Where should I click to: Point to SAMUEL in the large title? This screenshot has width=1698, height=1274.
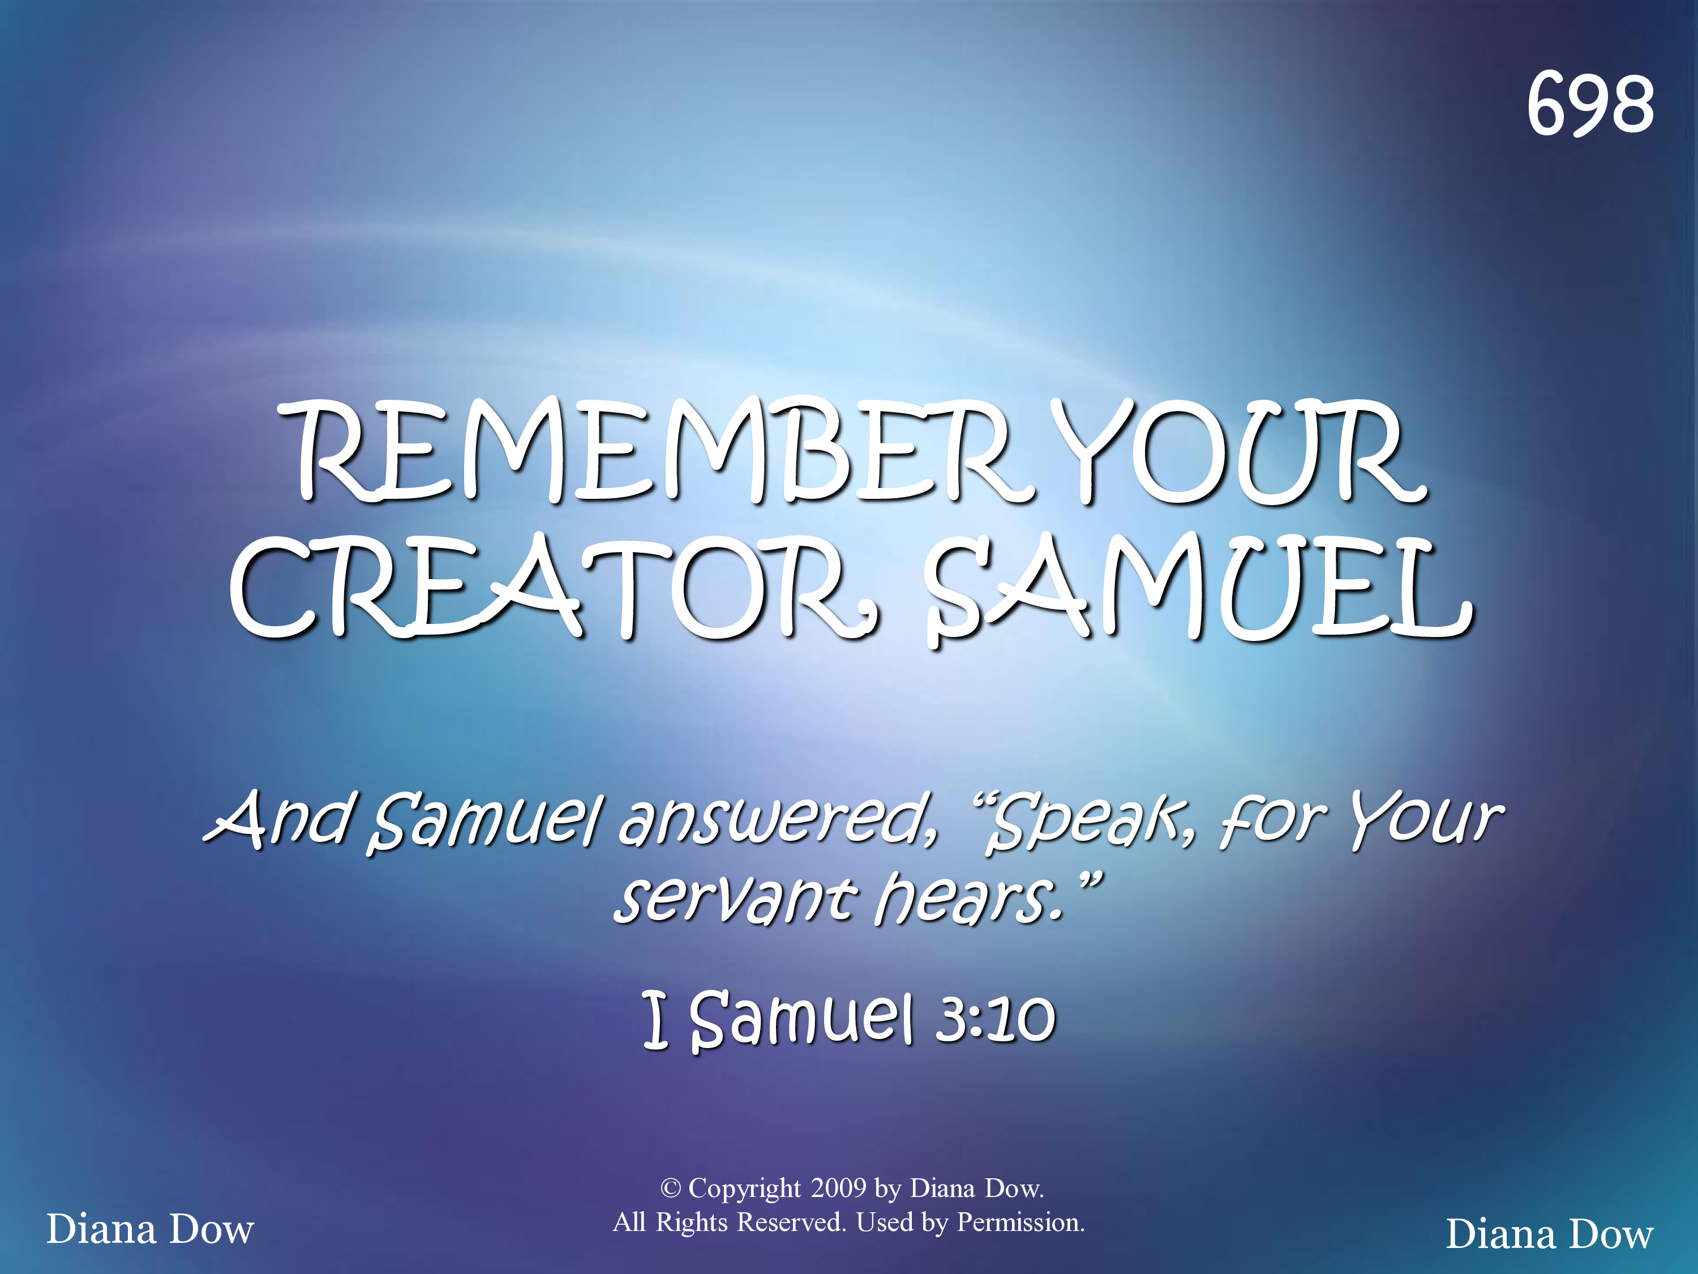click(x=1198, y=588)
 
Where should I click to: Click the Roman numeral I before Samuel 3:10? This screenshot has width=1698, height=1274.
click(x=655, y=1019)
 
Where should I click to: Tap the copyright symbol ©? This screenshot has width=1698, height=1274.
click(x=670, y=1188)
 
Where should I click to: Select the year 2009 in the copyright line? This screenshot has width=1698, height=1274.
click(x=838, y=1188)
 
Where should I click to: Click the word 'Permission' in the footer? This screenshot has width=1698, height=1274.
click(x=1021, y=1222)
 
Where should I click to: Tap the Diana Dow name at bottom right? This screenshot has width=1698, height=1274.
click(x=1550, y=1234)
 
